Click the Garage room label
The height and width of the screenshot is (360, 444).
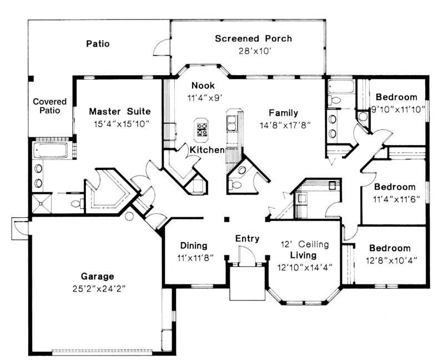pyautogui.click(x=97, y=276)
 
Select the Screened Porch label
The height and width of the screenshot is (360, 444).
pyautogui.click(x=253, y=39)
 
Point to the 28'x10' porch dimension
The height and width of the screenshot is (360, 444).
pyautogui.click(x=253, y=51)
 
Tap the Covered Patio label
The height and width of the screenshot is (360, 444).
pyautogui.click(x=49, y=106)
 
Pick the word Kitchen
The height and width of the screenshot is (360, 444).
pyautogui.click(x=207, y=150)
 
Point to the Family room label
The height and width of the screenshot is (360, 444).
pyautogui.click(x=284, y=113)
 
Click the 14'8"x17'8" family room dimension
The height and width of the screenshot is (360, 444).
pyautogui.click(x=284, y=125)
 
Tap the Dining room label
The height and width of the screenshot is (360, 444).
pyautogui.click(x=194, y=246)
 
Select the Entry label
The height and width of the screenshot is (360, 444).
pyautogui.click(x=247, y=239)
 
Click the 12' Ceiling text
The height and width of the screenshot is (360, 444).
pyautogui.click(x=306, y=244)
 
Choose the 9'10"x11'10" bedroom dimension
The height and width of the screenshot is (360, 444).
pyautogui.click(x=398, y=109)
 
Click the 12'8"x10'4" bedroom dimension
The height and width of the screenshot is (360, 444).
pyautogui.click(x=390, y=259)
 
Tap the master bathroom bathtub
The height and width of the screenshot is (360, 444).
pyautogui.click(x=51, y=151)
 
